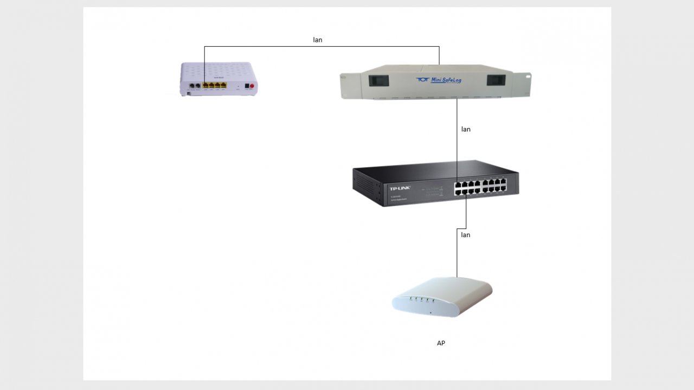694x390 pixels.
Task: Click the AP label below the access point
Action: [441, 343]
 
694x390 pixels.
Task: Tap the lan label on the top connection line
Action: [318, 40]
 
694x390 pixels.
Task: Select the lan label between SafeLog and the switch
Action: [466, 130]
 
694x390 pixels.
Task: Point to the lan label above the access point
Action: [466, 235]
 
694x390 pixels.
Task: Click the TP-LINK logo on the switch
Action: [400, 188]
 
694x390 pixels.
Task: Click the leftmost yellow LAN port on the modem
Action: [205, 85]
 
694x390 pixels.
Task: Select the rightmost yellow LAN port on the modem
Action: [223, 85]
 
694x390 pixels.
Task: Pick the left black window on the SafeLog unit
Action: [379, 80]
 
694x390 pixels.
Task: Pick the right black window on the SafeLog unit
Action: [496, 80]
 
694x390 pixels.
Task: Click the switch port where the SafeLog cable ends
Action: [457, 184]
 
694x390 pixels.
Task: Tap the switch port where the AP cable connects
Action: [465, 191]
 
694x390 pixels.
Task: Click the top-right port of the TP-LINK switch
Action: [504, 182]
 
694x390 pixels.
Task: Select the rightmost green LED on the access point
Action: [434, 300]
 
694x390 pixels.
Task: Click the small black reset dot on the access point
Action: [431, 312]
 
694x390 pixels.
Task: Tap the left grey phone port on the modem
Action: [192, 86]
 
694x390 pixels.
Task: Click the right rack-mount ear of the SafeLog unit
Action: [523, 85]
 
